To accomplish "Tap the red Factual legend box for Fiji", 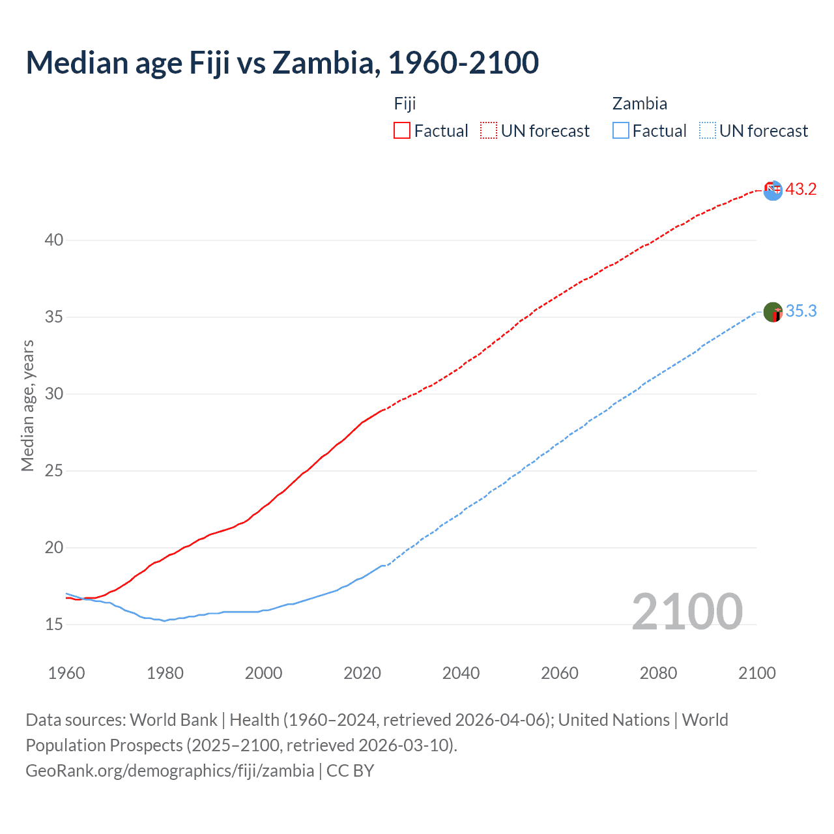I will [x=402, y=130].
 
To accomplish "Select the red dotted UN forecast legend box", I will [x=489, y=130].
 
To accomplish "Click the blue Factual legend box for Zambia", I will [x=620, y=130].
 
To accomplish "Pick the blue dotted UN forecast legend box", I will [x=707, y=130].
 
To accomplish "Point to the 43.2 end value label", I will [x=801, y=189].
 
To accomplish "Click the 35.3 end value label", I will [x=801, y=311].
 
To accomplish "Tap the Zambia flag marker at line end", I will [x=773, y=312].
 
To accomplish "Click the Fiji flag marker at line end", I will [x=773, y=190].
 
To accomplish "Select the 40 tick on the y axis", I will [x=54, y=240].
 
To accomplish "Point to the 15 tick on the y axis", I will [x=54, y=624].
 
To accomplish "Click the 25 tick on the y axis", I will [x=54, y=470].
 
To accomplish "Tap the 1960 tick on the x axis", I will [x=66, y=672].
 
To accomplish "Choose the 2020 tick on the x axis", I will [x=362, y=672].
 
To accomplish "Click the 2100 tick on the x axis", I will [x=757, y=672].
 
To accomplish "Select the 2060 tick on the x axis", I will [x=560, y=672].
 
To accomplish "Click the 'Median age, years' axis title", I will [x=27, y=405].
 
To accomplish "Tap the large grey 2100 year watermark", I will [x=687, y=611].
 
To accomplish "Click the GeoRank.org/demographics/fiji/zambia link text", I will [x=170, y=770].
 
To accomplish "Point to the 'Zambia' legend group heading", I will [x=639, y=104].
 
